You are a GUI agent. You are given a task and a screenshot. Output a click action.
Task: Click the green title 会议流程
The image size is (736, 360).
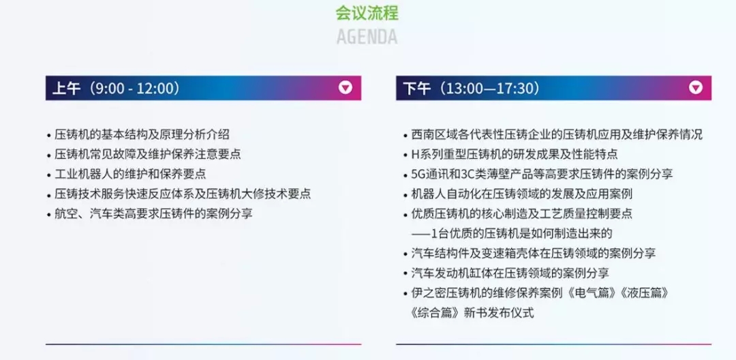(367, 13)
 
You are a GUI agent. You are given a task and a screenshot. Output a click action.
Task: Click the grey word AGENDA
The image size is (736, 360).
(367, 37)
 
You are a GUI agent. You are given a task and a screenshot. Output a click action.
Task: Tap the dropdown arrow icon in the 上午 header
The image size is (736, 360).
(346, 88)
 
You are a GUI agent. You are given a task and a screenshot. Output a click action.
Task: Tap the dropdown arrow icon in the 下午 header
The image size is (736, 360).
(696, 88)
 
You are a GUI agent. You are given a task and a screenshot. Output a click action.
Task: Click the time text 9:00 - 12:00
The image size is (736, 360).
(134, 88)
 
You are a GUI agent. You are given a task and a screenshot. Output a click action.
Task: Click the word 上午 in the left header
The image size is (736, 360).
(66, 88)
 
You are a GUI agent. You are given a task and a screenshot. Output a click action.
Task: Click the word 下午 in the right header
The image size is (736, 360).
(417, 88)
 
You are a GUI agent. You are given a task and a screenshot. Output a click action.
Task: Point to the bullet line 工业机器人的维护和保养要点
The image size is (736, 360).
(130, 174)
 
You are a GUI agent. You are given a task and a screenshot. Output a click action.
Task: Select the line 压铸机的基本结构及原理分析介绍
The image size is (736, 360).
(142, 135)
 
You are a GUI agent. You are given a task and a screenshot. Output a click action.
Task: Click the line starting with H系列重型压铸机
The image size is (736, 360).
(514, 154)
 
